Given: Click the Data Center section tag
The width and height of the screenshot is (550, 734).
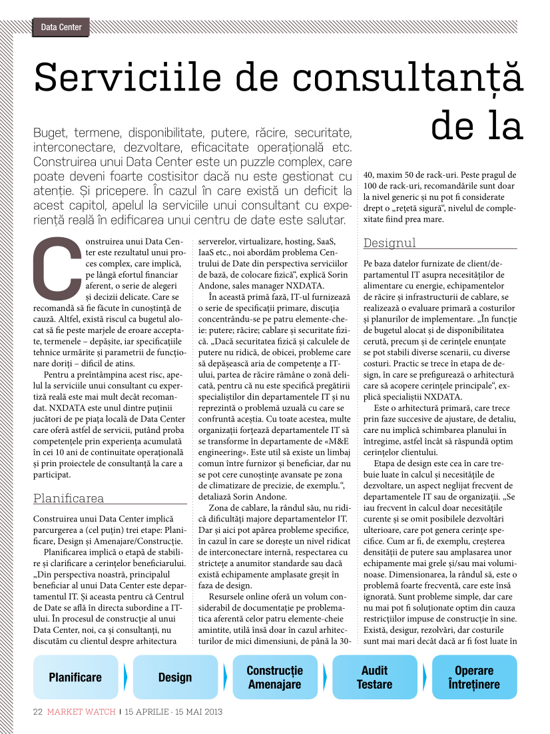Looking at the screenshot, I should tap(61, 27).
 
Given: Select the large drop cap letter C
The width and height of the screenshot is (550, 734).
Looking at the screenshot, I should tap(56, 266).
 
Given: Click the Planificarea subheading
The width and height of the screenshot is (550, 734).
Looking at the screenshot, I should tap(69, 498).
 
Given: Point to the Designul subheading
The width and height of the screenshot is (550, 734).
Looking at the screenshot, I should tap(390, 243).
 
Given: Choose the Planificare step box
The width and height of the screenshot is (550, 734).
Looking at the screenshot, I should tap(75, 677).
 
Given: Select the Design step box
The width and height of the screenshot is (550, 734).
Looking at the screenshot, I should tap(175, 677).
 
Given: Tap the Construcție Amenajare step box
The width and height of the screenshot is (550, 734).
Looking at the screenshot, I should tap(274, 677).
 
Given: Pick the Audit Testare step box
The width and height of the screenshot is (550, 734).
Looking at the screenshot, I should tap(374, 677).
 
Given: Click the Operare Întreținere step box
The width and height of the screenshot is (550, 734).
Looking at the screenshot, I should tap(474, 677).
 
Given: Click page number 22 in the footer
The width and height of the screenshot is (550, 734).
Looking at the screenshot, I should tap(38, 711).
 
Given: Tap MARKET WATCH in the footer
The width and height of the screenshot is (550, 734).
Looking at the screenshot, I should tap(81, 711).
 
